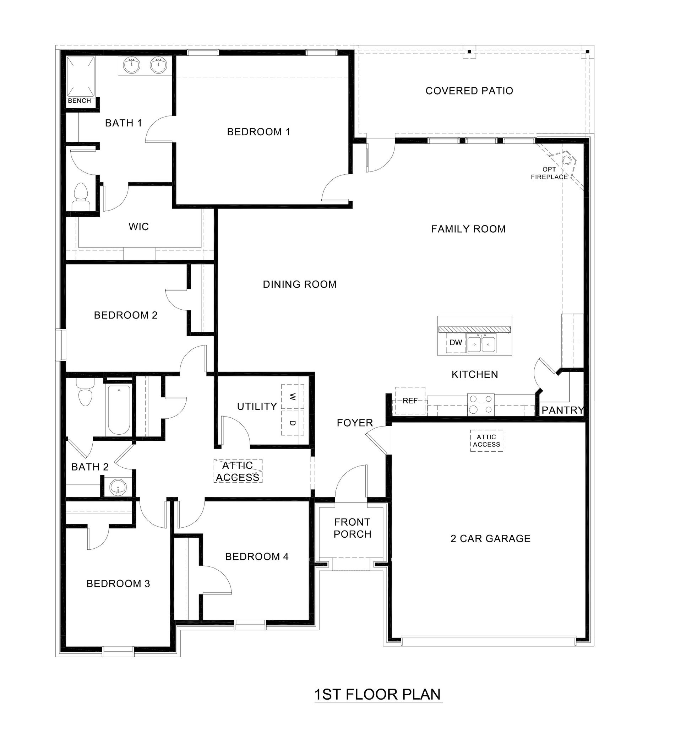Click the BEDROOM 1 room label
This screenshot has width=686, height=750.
pyautogui.click(x=258, y=132)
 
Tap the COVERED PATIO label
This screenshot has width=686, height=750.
pyautogui.click(x=469, y=91)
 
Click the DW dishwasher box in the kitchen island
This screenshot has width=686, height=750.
pyautogui.click(x=455, y=343)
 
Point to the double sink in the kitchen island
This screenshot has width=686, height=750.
pyautogui.click(x=481, y=343)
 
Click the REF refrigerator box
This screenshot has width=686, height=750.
pyautogui.click(x=410, y=401)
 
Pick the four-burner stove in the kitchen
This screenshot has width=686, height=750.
pyautogui.click(x=481, y=404)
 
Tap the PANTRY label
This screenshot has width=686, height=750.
pyautogui.click(x=562, y=411)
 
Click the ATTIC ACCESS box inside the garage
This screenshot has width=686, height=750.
pyautogui.click(x=486, y=441)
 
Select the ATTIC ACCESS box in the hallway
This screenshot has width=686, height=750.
pyautogui.click(x=238, y=471)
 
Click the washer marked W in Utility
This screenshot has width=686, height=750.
pyautogui.click(x=293, y=397)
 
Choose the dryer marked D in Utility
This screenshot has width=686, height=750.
pyautogui.click(x=293, y=423)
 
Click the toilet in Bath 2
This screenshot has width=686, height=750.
pyautogui.click(x=85, y=393)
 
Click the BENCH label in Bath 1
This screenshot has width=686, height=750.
pyautogui.click(x=79, y=101)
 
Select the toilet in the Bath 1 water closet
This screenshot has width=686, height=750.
pyautogui.click(x=81, y=197)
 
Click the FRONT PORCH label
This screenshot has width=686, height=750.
pyautogui.click(x=352, y=528)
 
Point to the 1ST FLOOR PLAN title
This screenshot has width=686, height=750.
pyautogui.click(x=377, y=695)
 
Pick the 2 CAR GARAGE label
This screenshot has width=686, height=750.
pyautogui.click(x=490, y=539)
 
